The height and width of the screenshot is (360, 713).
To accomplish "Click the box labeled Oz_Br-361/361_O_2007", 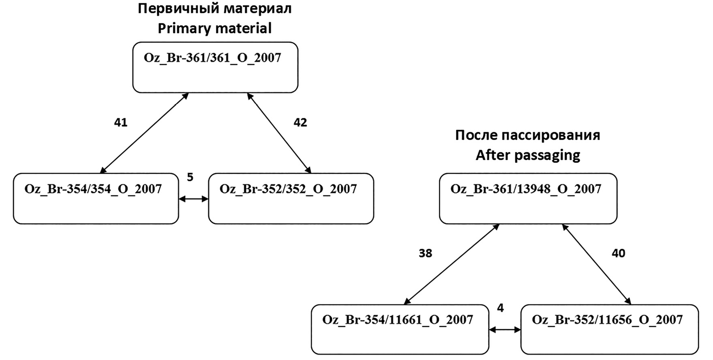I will click(215, 67).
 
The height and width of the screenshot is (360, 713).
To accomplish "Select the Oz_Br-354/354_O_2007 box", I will click(96, 199).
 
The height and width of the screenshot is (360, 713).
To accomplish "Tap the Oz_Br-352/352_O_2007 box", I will click(291, 199).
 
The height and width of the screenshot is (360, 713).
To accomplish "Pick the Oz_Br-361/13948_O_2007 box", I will click(528, 199).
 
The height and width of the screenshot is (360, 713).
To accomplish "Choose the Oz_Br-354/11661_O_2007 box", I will click(400, 329).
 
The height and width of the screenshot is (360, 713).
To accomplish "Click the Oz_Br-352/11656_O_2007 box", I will click(609, 329).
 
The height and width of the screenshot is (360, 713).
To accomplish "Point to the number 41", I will click(121, 122).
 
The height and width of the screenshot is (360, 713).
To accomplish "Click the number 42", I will click(300, 122).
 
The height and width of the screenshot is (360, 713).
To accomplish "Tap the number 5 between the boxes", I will click(190, 177).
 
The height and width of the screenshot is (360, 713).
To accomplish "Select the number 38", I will click(425, 253).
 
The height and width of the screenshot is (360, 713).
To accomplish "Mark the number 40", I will click(619, 253).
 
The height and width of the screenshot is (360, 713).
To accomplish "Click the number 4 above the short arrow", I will click(501, 308).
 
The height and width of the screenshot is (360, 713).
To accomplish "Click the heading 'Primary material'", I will click(214, 28).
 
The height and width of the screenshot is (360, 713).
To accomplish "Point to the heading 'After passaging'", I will click(528, 155).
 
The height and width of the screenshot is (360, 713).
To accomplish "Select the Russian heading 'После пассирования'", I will click(528, 135).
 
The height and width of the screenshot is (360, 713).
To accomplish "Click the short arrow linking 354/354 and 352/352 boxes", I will click(193, 199).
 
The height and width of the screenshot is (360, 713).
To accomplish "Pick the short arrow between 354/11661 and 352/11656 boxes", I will click(505, 330).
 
